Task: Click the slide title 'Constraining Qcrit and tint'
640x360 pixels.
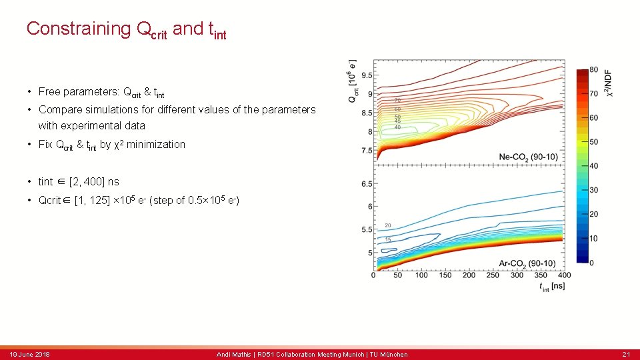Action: (x=126, y=29)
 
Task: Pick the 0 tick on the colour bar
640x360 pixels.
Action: (x=592, y=263)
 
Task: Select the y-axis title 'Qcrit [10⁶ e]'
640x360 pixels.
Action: (x=351, y=81)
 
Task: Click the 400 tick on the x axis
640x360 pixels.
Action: (x=564, y=275)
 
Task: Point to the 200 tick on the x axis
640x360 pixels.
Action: (x=469, y=275)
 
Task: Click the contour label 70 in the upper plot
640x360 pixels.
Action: (x=397, y=100)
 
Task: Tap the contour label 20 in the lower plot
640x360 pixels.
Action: (x=388, y=225)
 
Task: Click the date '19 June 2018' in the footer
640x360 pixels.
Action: (x=29, y=354)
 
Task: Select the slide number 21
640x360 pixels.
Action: (x=626, y=354)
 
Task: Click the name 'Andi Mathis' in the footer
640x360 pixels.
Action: (x=233, y=354)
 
